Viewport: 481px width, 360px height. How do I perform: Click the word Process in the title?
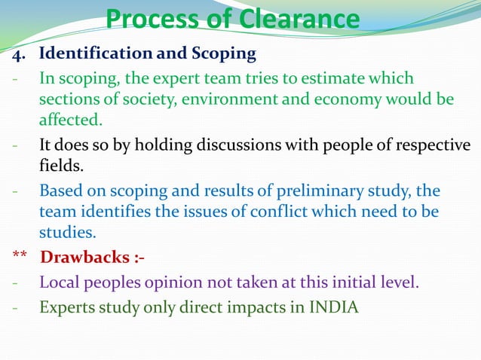(151, 20)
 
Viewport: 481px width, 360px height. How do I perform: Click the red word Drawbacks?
(82, 258)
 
